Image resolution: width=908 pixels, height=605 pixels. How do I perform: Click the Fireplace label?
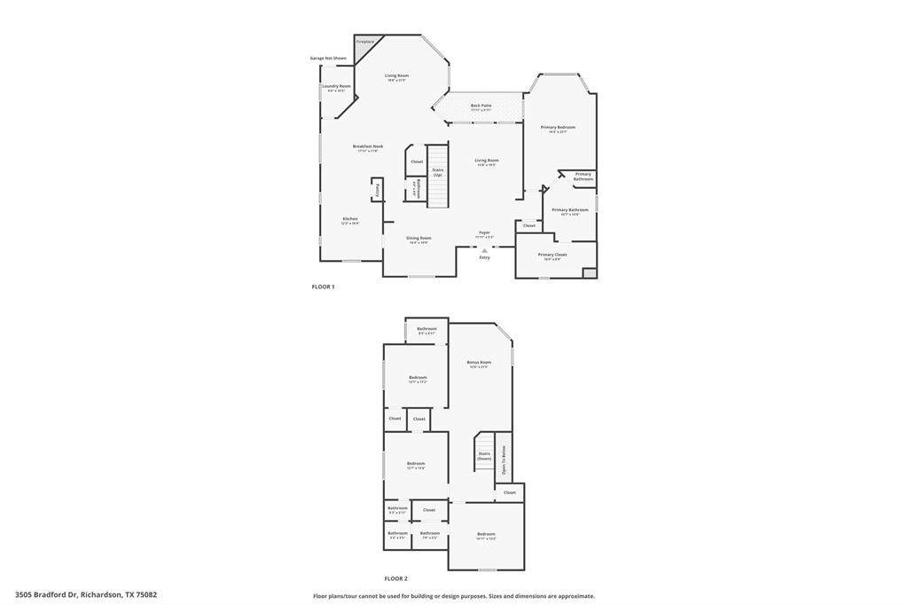(365, 42)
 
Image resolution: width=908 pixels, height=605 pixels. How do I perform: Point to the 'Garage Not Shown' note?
(328, 59)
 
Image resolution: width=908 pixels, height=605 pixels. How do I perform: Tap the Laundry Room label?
(336, 87)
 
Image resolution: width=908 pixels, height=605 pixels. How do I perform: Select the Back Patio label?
(481, 106)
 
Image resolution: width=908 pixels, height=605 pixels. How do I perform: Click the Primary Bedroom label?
(558, 128)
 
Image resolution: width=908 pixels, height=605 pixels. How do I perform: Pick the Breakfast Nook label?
(367, 146)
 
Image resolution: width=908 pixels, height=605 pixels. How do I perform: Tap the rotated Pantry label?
(378, 189)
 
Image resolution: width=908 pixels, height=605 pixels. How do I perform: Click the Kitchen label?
(350, 219)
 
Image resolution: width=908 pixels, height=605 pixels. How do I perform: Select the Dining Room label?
(419, 238)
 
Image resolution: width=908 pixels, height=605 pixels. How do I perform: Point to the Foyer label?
(484, 232)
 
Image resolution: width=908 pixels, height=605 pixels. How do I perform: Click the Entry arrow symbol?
(484, 250)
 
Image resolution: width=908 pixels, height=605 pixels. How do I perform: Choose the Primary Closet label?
(552, 255)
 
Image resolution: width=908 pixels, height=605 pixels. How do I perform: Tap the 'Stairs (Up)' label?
(438, 172)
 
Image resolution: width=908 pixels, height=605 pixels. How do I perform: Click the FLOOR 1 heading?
(323, 287)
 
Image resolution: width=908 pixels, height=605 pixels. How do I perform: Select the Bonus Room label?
(479, 362)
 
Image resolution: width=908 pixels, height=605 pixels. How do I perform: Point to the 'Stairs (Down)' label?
(484, 455)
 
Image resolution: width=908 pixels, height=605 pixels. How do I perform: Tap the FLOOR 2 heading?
(395, 577)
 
